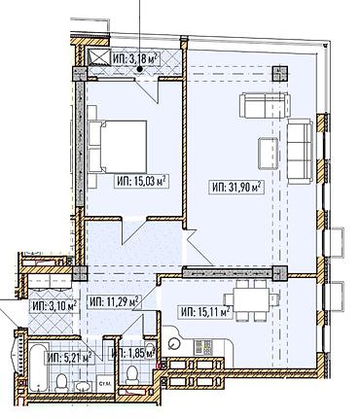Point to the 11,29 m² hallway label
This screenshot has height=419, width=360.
113,301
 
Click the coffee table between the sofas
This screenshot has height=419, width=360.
268,151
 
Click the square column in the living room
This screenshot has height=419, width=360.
280,73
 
